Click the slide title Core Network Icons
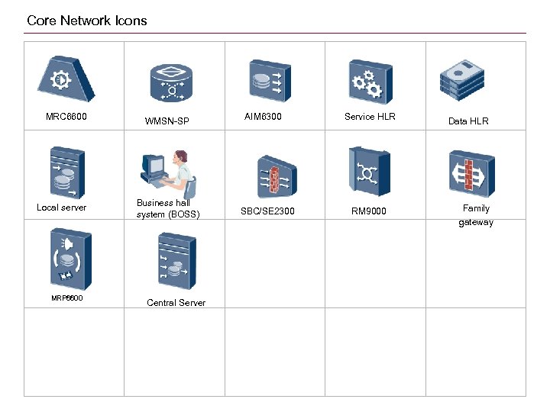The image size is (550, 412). click(86, 21)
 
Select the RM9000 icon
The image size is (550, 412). click(370, 172)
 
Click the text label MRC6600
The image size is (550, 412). click(66, 117)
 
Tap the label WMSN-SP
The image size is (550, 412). click(167, 121)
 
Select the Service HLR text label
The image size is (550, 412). click(370, 117)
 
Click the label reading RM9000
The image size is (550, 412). click(369, 211)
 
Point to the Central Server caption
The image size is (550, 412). click(176, 303)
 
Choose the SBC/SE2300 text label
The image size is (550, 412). click(267, 211)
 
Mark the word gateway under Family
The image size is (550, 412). click(476, 223)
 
